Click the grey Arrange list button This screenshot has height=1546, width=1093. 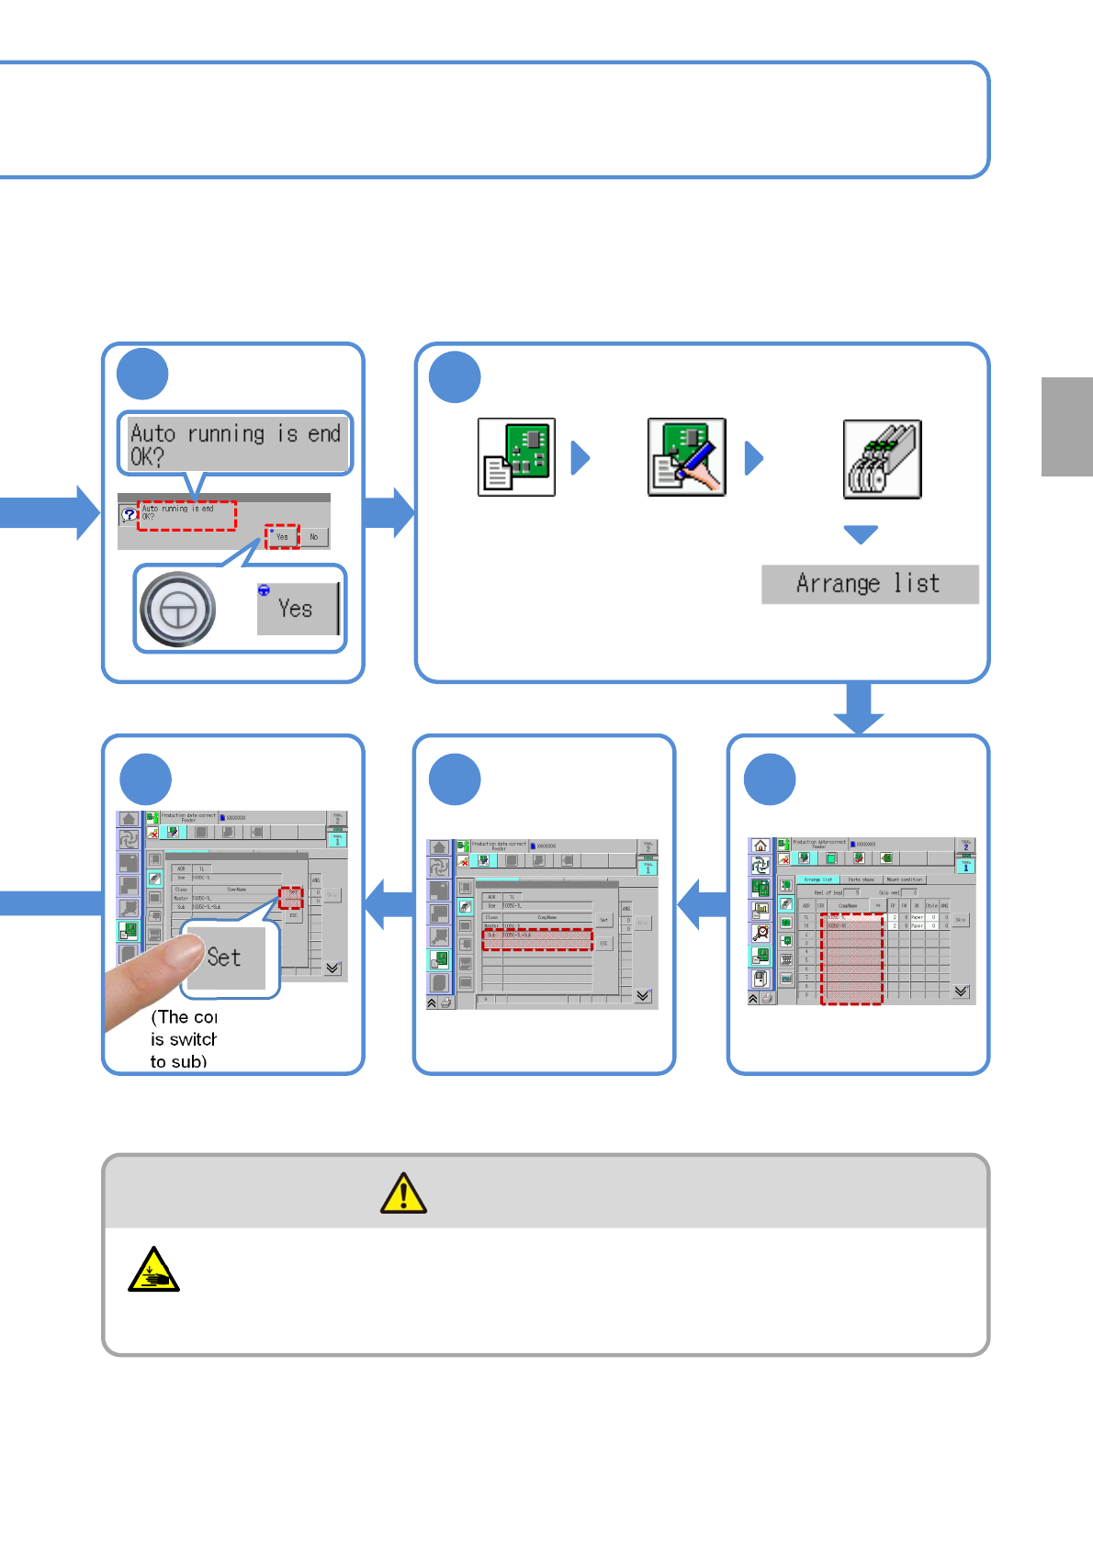pyautogui.click(x=869, y=584)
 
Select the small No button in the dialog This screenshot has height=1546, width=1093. pyautogui.click(x=314, y=537)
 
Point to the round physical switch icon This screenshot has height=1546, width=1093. pyautogui.click(x=178, y=609)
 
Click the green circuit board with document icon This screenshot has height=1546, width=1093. pyautogui.click(x=516, y=457)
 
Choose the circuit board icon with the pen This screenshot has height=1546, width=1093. pyautogui.click(x=686, y=457)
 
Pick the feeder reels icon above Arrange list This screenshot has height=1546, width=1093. pyautogui.click(x=882, y=459)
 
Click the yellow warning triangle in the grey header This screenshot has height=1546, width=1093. pyautogui.click(x=403, y=1193)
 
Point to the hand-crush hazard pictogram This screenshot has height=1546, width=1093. pyautogui.click(x=153, y=1270)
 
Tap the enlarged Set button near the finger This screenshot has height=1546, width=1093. pyautogui.click(x=225, y=958)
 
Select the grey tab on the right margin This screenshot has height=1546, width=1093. pyautogui.click(x=1066, y=426)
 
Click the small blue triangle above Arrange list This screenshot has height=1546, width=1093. pyautogui.click(x=861, y=534)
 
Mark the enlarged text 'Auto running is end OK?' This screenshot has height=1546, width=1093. pyautogui.click(x=235, y=444)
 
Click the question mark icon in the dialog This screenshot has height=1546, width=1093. pyautogui.click(x=130, y=514)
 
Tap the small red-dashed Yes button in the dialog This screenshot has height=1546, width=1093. pyautogui.click(x=282, y=537)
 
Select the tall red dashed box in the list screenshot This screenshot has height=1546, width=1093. pyautogui.click(x=851, y=958)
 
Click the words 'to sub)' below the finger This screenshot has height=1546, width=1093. pyautogui.click(x=178, y=1061)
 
